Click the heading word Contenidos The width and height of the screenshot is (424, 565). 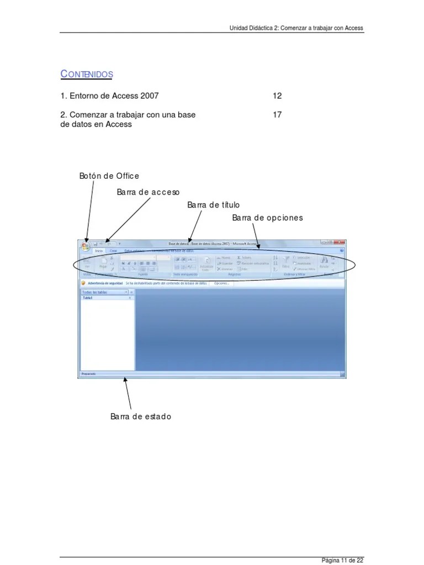[87, 74]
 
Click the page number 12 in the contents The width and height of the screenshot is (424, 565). [277, 96]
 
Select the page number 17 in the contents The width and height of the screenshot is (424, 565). [277, 115]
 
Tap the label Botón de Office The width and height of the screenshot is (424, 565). [109, 176]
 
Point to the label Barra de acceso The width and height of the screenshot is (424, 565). [148, 192]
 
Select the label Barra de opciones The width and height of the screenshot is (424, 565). [267, 218]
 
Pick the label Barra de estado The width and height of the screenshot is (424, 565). [140, 417]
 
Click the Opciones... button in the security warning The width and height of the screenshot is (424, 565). [221, 283]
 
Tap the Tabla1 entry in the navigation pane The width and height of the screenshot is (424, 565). [88, 297]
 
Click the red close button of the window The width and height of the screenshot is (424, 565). [342, 242]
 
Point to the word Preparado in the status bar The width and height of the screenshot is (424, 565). [89, 374]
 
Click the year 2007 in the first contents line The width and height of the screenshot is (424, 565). [149, 96]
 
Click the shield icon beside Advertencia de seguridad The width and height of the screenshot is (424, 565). [83, 283]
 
